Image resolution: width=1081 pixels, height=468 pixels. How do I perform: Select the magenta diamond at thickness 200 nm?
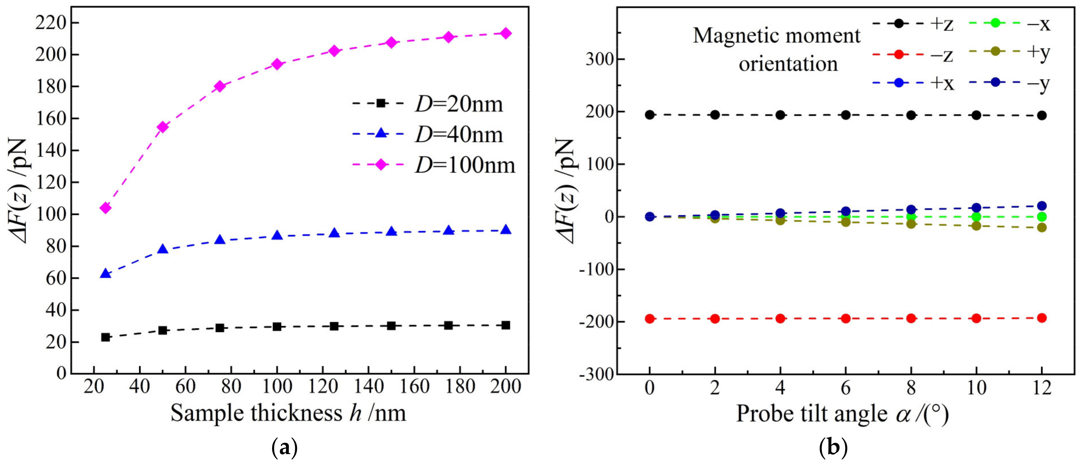tap(506, 33)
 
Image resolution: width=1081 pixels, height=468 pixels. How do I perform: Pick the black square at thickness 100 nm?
tap(277, 327)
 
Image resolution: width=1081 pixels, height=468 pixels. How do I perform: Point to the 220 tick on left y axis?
tap(50, 23)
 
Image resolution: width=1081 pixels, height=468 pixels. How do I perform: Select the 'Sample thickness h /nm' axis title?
tap(288, 413)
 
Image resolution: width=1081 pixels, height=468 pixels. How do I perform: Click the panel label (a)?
tap(285, 448)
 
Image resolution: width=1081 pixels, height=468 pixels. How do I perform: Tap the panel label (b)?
tap(833, 448)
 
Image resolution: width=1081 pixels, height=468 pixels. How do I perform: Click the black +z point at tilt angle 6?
tap(846, 115)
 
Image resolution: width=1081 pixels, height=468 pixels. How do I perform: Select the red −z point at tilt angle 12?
tap(1041, 318)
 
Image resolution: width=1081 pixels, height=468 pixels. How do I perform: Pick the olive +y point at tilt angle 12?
tap(1041, 227)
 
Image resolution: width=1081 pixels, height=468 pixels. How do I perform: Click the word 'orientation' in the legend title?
tap(788, 64)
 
